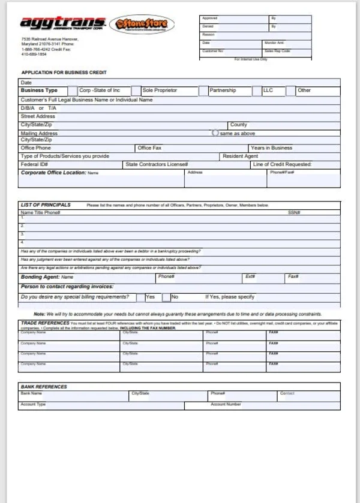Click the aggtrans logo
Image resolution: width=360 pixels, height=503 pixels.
click(63, 24)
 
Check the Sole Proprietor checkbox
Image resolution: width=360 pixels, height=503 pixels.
click(136, 91)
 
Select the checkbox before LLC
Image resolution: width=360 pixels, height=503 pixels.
click(257, 91)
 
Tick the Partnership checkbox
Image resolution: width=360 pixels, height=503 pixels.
click(203, 91)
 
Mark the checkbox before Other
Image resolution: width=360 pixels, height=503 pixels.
click(290, 91)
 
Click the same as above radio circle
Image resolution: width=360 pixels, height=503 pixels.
click(215, 133)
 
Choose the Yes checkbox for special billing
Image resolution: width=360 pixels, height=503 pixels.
click(140, 297)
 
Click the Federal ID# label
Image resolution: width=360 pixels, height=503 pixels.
click(34, 164)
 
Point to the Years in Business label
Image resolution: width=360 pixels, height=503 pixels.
click(272, 147)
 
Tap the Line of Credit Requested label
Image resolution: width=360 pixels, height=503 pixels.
click(282, 164)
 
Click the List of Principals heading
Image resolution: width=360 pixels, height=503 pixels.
click(46, 205)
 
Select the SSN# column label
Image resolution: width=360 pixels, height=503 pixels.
click(293, 212)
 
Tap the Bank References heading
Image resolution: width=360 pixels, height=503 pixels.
click(44, 387)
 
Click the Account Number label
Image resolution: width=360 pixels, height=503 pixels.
click(226, 404)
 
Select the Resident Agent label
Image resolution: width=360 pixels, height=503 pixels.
click(240, 156)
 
